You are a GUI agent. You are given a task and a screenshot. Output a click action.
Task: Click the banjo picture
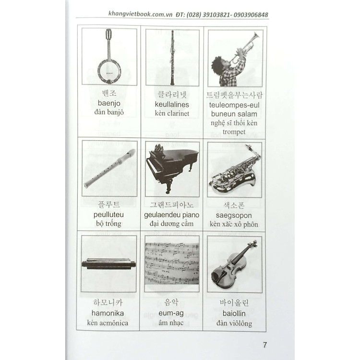click(x=108, y=58)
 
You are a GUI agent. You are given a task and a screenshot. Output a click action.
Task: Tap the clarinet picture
click(x=172, y=58)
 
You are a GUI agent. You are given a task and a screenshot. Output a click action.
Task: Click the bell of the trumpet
click(x=255, y=36)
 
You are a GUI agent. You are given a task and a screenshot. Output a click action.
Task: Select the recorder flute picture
click(x=109, y=168)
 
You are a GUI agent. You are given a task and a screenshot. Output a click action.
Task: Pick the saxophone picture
click(x=235, y=169)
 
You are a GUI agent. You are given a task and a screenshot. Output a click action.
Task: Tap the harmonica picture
click(x=108, y=264)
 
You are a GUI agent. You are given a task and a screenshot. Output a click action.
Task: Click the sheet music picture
click(x=172, y=264)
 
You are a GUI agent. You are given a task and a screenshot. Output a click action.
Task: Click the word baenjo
click(x=109, y=103)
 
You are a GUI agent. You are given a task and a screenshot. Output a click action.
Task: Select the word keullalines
click(x=172, y=105)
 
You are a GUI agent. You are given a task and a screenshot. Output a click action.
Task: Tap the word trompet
click(x=234, y=132)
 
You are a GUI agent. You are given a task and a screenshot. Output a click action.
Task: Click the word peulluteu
click(x=108, y=215)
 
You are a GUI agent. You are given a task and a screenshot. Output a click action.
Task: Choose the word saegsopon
click(x=234, y=216)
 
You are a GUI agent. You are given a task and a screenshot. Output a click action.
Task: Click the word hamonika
click(x=108, y=313)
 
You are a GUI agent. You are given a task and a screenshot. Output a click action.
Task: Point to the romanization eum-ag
click(x=171, y=313)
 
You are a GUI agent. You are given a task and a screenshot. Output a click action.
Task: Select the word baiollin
click(x=234, y=313)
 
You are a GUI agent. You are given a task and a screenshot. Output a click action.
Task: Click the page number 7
click(x=264, y=345)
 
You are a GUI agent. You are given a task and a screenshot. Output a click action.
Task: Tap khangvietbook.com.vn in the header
click(x=140, y=14)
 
